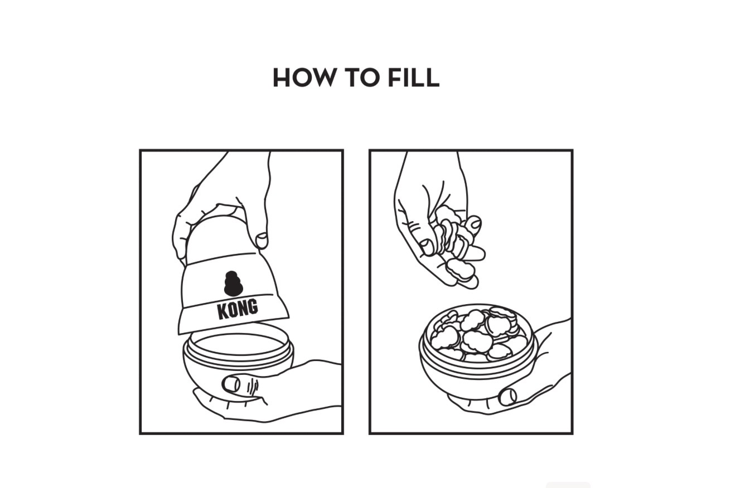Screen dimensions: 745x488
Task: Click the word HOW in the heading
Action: pos(304,78)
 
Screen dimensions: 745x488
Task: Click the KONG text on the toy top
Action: pos(238,309)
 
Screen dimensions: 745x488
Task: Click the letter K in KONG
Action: pos(222,311)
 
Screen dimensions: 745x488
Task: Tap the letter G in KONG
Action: pos(253,306)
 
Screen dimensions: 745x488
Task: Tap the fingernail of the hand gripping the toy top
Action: pos(261,240)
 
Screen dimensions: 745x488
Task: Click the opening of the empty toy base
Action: pos(239,343)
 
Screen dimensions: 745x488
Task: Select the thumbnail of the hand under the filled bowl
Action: pos(507,397)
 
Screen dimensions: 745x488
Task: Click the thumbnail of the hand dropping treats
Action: pos(426,247)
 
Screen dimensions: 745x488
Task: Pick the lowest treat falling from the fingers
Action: pos(460,270)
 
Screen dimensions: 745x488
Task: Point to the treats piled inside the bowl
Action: pos(478,335)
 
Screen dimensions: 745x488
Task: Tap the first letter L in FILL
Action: pos(414,78)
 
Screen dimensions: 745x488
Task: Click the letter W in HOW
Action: pos(320,78)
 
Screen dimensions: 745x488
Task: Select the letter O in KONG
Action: pos(233,310)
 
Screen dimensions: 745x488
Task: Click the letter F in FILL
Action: pos(395,78)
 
